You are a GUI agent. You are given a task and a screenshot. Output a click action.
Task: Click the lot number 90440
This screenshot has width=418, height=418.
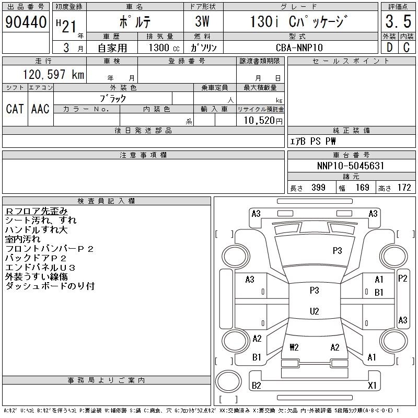pyautogui.click(x=26, y=22)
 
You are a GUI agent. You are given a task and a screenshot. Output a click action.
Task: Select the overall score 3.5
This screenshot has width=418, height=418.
pyautogui.click(x=398, y=21)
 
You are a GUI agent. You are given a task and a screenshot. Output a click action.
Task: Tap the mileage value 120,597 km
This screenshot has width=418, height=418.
pyautogui.click(x=53, y=74)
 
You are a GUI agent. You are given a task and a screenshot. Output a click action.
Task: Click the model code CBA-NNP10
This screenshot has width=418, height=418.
pyautogui.click(x=299, y=48)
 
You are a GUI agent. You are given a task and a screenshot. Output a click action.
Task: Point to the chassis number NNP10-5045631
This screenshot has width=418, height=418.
pyautogui.click(x=351, y=166)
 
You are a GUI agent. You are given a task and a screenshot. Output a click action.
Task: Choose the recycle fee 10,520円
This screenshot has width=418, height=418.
pyautogui.click(x=263, y=121)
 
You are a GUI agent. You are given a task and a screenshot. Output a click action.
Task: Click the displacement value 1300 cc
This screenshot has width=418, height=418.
pyautogui.click(x=164, y=48)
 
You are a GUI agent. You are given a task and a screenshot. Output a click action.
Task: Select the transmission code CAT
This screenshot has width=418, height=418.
pyautogui.click(x=15, y=109)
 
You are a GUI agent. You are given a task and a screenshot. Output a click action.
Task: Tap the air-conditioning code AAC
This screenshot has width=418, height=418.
pyautogui.click(x=40, y=109)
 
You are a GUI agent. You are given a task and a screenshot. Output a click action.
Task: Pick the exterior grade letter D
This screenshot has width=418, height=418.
pyautogui.click(x=389, y=48)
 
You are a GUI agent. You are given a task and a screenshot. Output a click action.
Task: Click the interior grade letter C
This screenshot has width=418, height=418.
pyautogui.click(x=407, y=48)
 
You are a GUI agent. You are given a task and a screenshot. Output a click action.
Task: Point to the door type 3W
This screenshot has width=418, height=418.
pyautogui.click(x=202, y=21)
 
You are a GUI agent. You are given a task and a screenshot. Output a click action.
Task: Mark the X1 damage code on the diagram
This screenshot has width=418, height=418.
pyautogui.click(x=372, y=385)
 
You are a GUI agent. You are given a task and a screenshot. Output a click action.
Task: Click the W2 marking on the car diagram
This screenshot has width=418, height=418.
pyautogui.click(x=294, y=347)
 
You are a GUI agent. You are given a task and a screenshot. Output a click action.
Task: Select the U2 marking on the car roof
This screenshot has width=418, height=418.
pyautogui.click(x=315, y=311)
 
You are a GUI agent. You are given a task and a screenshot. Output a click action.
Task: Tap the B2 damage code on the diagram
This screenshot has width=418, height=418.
pyautogui.click(x=256, y=385)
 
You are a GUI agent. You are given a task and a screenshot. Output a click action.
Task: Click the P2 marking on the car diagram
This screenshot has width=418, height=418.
pyautogui.click(x=402, y=278)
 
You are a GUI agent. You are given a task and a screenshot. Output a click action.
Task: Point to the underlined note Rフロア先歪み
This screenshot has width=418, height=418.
pyautogui.click(x=37, y=211)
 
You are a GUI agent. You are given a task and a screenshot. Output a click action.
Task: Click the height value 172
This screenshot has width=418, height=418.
pyautogui.click(x=404, y=188)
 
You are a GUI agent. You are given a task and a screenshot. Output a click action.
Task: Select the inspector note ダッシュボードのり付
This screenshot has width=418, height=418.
pyautogui.click(x=50, y=286)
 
